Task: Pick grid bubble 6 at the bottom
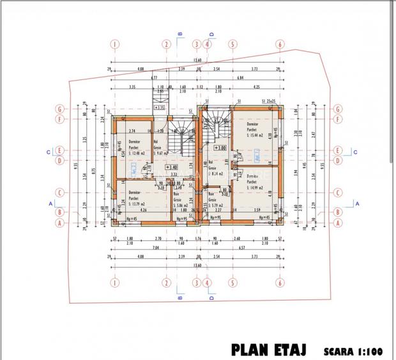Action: tap(280, 281)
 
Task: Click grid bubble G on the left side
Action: tap(59, 109)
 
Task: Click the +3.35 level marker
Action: tap(160, 108)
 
